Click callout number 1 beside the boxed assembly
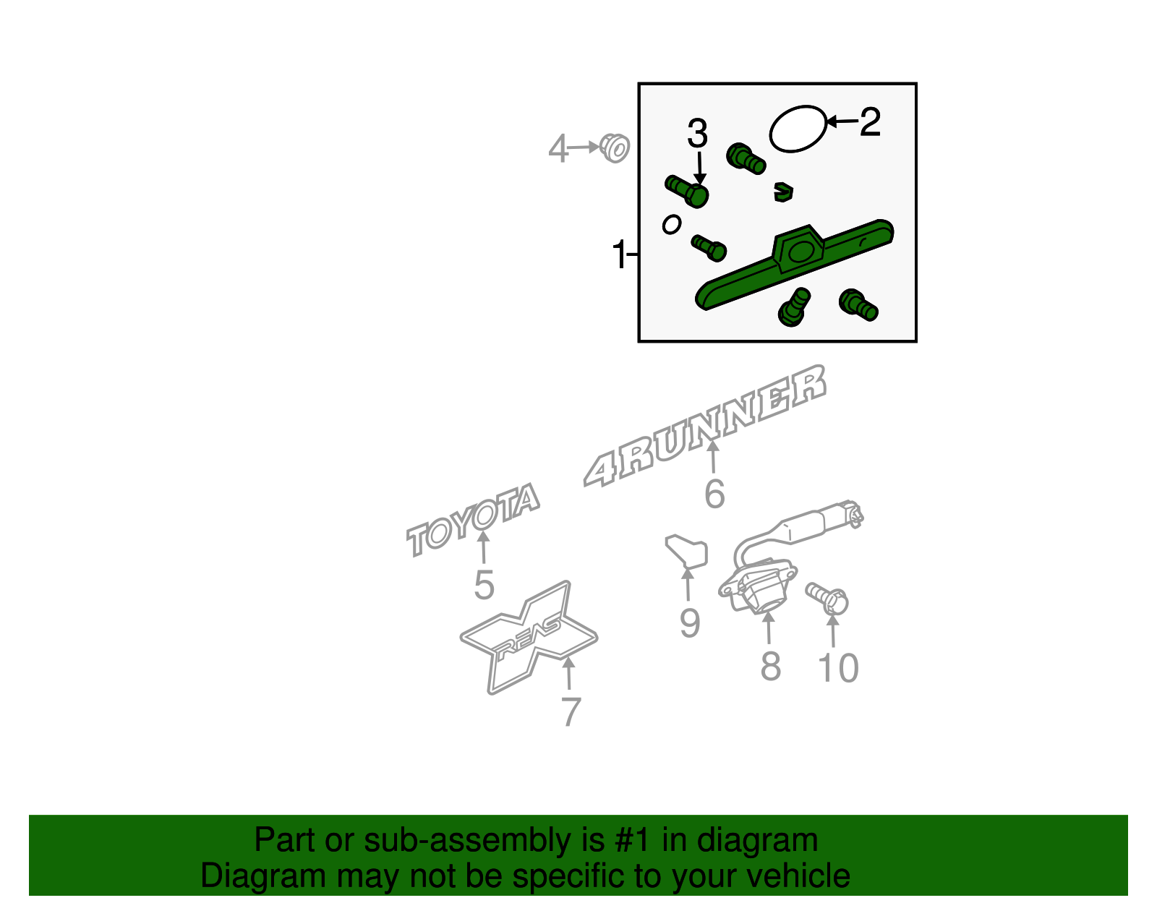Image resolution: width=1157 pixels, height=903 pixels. (x=619, y=254)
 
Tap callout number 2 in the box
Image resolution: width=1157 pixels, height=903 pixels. (x=870, y=122)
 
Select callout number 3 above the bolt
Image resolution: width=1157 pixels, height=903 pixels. (x=698, y=133)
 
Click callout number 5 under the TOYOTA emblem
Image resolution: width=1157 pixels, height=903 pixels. (x=484, y=586)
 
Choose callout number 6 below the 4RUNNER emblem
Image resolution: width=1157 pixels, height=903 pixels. (x=714, y=493)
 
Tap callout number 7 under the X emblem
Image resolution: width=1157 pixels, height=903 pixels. (x=571, y=711)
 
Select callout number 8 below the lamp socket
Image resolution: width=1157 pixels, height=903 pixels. (x=770, y=666)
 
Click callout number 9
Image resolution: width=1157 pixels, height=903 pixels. (x=690, y=623)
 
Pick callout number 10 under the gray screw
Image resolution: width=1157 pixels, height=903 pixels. (x=838, y=668)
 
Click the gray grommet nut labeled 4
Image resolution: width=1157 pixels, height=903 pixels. (x=615, y=148)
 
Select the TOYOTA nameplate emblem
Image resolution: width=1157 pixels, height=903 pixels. (x=473, y=520)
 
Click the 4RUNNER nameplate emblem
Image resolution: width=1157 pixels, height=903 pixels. (x=704, y=426)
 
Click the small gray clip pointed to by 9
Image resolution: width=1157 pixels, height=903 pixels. (x=686, y=552)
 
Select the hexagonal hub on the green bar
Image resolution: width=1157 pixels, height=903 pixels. (x=798, y=249)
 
